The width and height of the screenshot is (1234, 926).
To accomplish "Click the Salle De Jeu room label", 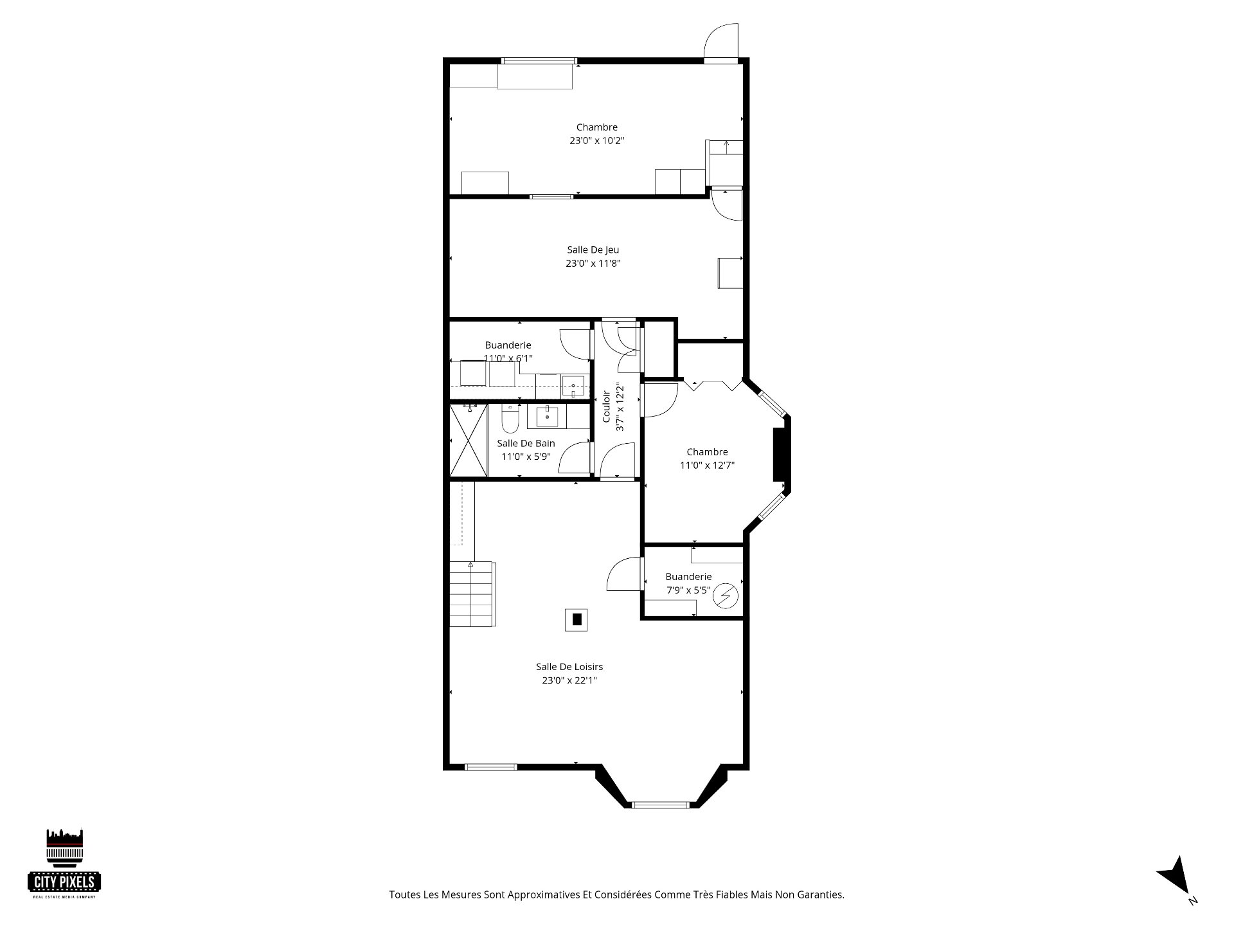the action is click(x=593, y=250).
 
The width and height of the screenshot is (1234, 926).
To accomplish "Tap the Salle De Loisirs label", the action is click(x=569, y=667).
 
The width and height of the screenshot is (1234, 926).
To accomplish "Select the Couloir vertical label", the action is click(x=606, y=406).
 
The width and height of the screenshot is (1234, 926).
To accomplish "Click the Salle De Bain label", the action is click(x=526, y=443).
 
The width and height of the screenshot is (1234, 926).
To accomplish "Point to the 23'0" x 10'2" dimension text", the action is click(x=596, y=141).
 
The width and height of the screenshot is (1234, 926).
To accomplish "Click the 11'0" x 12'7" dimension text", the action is click(x=707, y=466).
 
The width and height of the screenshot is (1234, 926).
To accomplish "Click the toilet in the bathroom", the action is click(x=510, y=419).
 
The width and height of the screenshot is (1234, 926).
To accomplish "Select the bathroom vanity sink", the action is click(x=547, y=416).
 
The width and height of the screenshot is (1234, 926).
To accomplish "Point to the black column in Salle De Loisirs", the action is click(x=577, y=620).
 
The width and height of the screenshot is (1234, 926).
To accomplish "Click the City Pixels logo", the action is click(x=64, y=863).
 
